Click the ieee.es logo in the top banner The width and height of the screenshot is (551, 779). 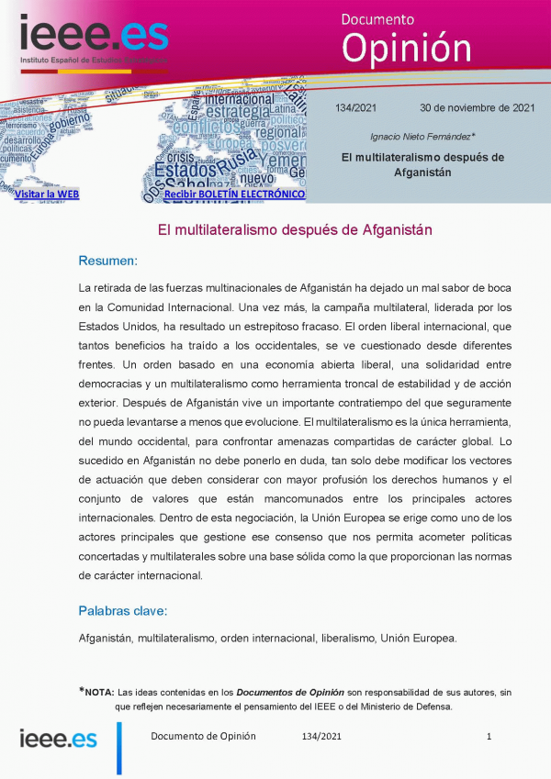(93, 39)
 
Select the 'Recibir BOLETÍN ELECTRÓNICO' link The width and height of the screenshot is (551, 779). (234, 195)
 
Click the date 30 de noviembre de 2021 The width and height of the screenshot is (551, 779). (477, 107)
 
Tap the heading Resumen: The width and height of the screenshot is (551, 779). (107, 261)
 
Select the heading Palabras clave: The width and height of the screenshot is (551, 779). (122, 610)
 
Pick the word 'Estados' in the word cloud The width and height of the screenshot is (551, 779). (186, 171)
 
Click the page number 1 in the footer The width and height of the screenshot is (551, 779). (489, 736)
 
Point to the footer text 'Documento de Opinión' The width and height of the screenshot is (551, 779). (203, 736)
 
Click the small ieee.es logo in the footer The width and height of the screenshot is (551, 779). (58, 739)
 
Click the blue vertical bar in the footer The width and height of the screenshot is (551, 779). (118, 748)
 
